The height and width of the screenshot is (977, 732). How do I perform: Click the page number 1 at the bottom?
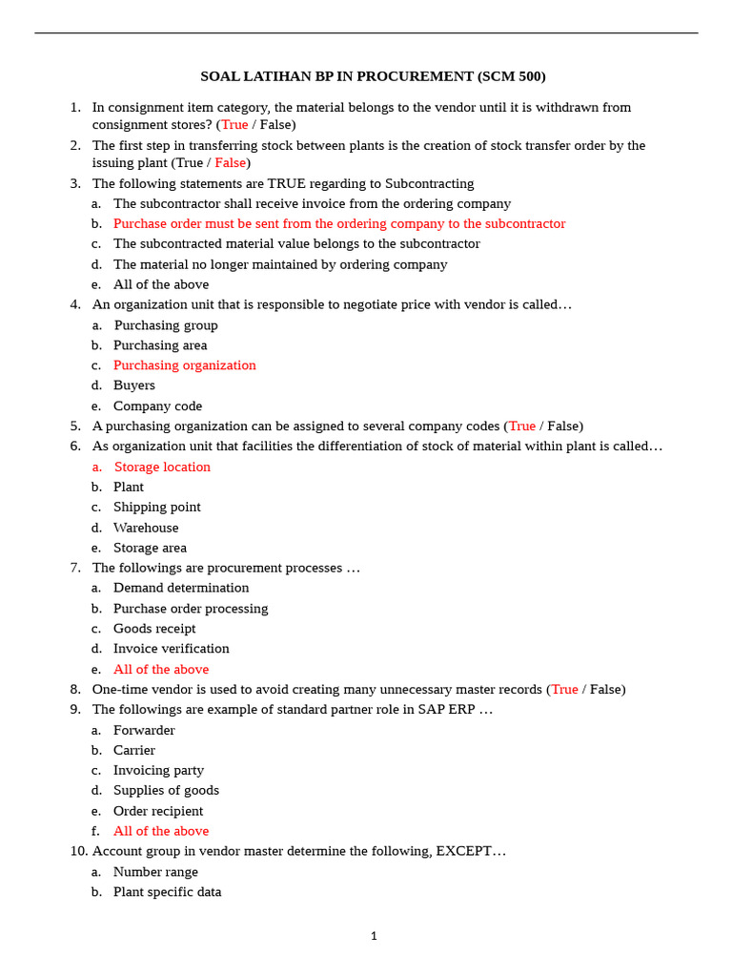pos(374,936)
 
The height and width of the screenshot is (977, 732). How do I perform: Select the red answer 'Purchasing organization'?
pos(184,365)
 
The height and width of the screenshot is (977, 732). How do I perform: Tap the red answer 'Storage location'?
pos(162,467)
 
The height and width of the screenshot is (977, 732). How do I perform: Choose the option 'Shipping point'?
pos(156,508)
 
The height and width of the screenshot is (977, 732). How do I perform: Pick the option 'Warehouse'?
pos(146,528)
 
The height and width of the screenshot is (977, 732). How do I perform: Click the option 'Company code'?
pos(157,406)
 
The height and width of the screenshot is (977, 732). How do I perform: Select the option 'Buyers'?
pos(133,385)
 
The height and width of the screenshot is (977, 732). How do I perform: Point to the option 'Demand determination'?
pos(181,588)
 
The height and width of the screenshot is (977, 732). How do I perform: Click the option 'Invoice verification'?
pos(171,649)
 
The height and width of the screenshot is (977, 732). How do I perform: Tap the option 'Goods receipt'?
pos(154,629)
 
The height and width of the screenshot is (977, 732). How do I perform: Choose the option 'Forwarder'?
pos(144,730)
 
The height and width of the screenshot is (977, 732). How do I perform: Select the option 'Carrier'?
pos(133,750)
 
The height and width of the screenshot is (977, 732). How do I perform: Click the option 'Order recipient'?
pos(158,811)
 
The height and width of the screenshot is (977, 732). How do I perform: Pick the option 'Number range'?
pos(155,872)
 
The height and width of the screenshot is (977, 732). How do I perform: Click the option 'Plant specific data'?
pos(167,892)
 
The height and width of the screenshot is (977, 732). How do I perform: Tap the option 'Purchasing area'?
pos(160,345)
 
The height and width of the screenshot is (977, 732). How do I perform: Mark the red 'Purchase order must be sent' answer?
pos(339,224)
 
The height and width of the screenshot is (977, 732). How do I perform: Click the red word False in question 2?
pos(230,163)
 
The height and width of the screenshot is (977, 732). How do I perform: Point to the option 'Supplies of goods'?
pos(166,790)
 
